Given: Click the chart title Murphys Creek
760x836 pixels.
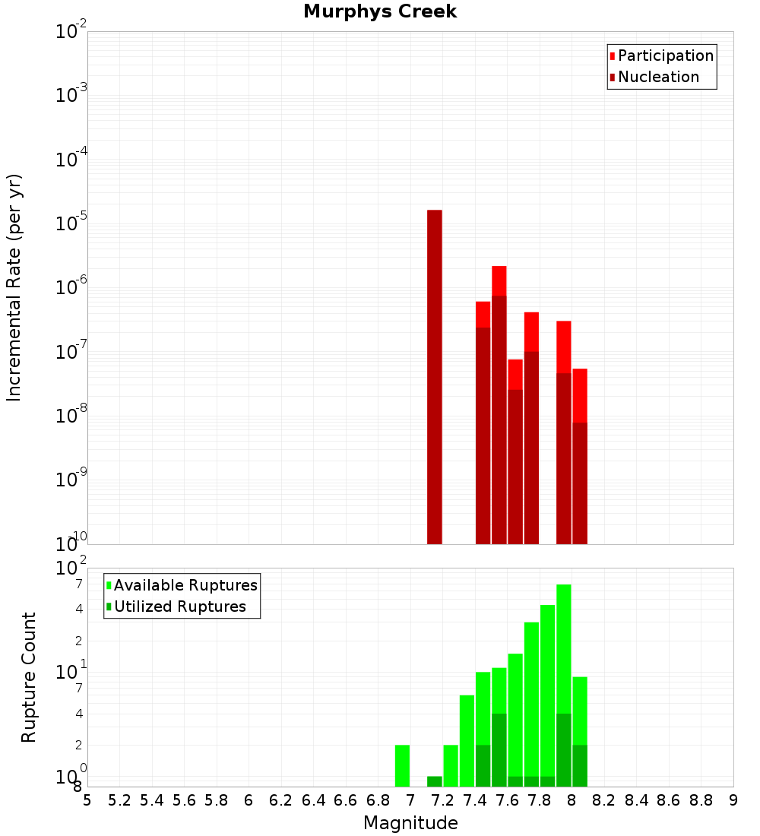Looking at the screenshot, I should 380,12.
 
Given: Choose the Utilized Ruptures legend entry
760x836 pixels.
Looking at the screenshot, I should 179,607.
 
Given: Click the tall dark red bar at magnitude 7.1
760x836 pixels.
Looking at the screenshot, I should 435,376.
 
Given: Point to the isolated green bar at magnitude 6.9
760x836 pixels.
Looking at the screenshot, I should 403,766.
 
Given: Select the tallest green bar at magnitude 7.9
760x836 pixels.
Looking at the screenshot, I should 564,646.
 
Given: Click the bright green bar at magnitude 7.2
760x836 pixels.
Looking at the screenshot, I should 451,766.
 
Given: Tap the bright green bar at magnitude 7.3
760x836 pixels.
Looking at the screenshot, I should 467,741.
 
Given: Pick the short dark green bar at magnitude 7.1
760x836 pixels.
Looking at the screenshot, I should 435,781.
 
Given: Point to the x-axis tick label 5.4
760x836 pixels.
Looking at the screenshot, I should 152,801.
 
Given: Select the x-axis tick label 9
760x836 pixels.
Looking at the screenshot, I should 733,801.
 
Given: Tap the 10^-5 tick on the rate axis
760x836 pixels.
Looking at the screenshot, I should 71,223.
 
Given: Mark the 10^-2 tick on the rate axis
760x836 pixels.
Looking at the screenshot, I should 71,32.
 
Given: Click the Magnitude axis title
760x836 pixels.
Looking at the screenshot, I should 410,823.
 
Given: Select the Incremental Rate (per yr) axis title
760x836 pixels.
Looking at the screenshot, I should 15,287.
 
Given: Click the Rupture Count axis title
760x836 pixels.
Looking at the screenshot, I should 29,677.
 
